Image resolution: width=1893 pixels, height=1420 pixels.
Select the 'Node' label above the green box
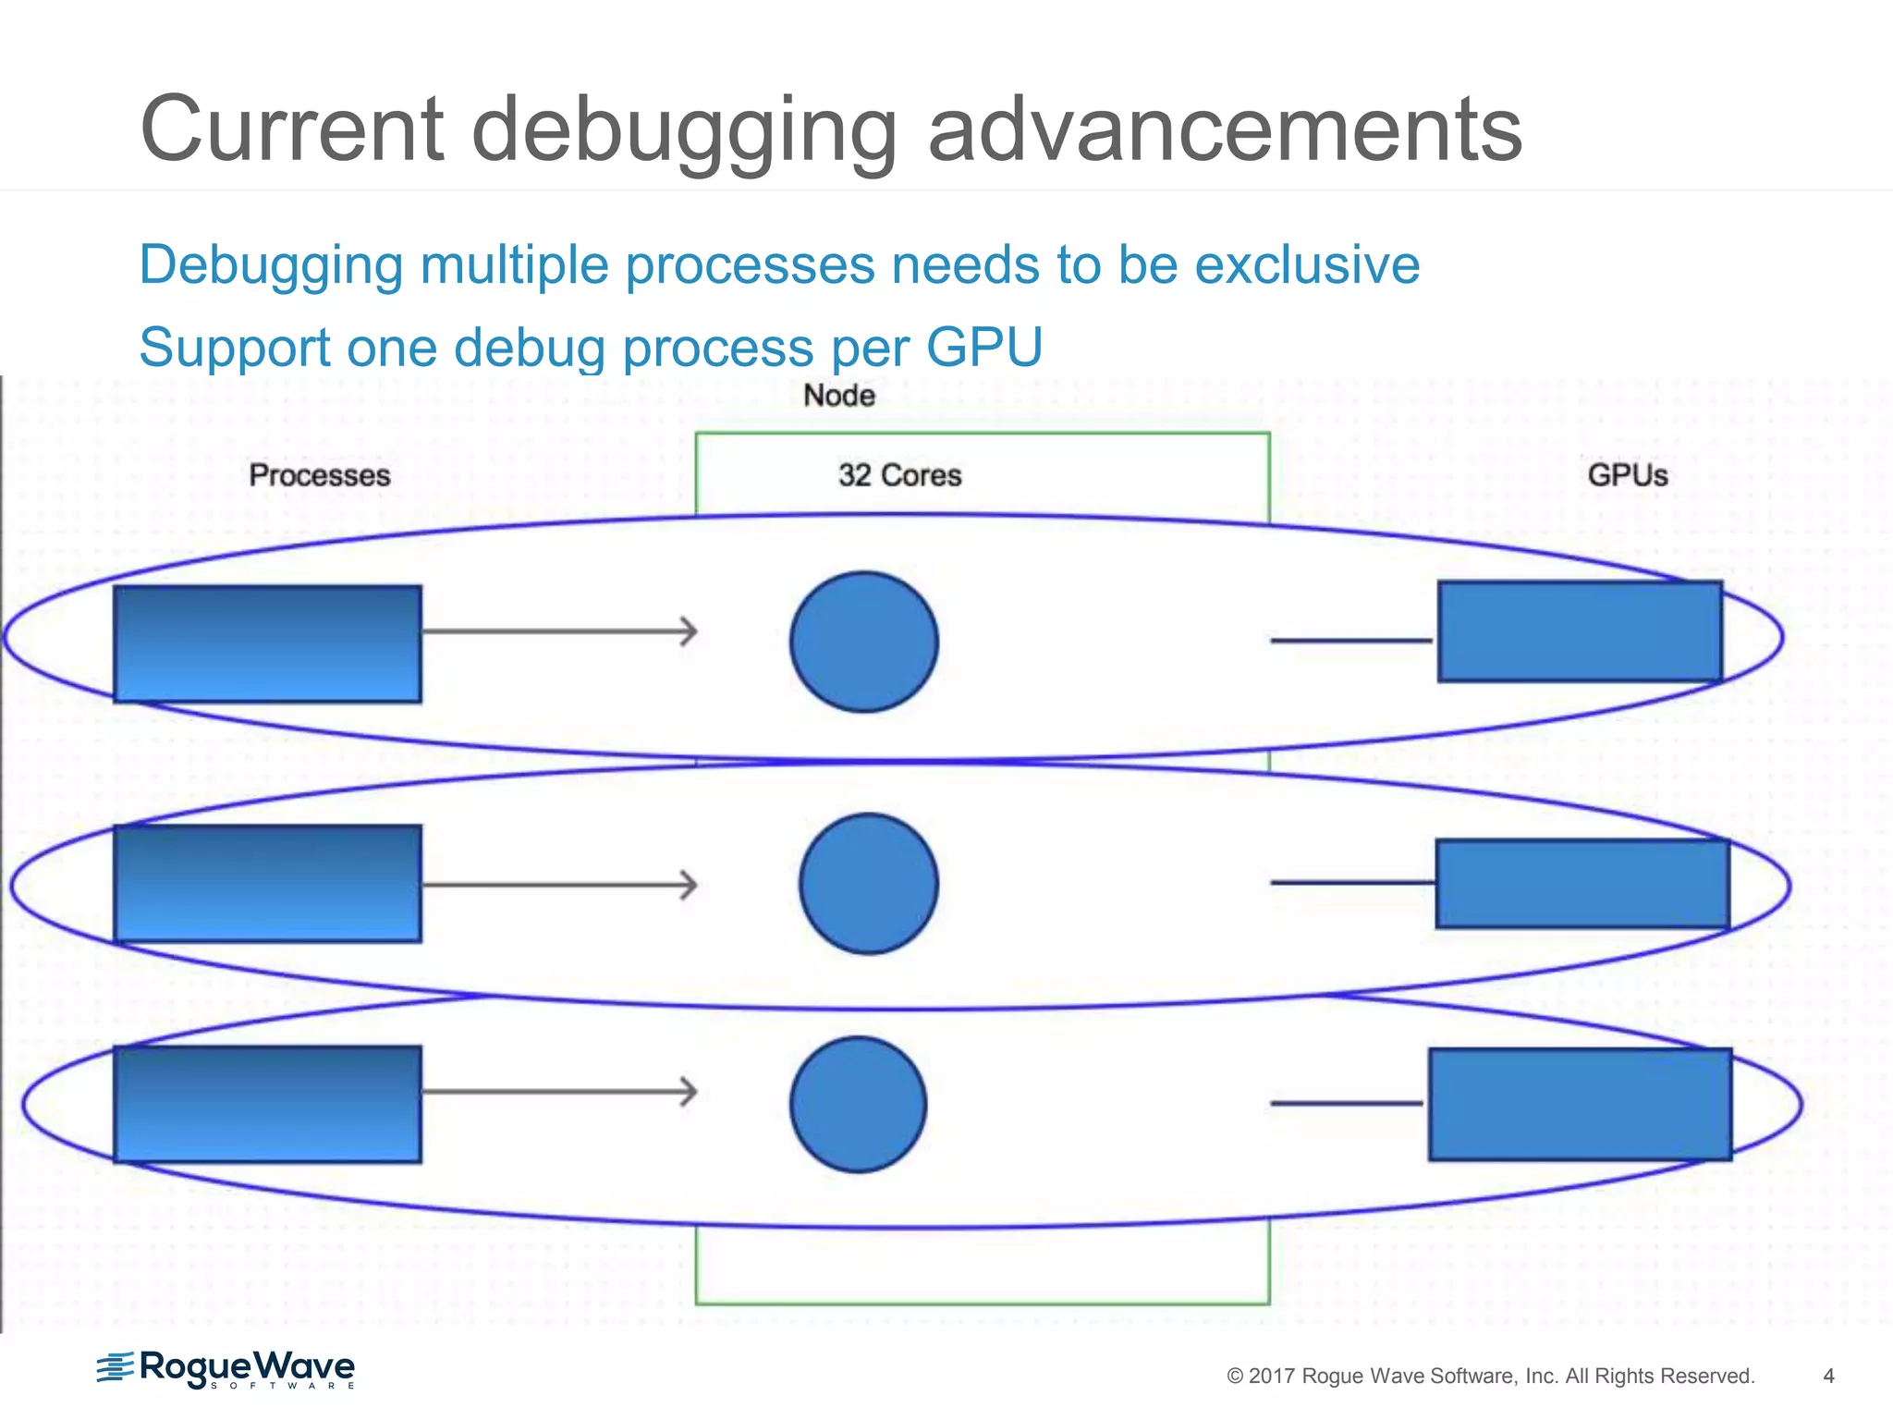(x=838, y=396)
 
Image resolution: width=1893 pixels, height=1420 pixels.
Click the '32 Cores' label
(x=899, y=475)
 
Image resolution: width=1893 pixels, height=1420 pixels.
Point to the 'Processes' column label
(x=320, y=475)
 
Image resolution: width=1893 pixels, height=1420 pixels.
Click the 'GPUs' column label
(x=1627, y=475)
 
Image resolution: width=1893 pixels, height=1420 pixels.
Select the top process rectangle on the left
(x=268, y=643)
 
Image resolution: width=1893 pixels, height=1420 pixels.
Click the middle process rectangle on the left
(x=268, y=884)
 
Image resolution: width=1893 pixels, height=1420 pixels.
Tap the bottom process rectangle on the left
(x=268, y=1104)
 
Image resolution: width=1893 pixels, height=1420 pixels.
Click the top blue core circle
(x=864, y=642)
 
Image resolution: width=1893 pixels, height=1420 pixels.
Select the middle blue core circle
(x=869, y=884)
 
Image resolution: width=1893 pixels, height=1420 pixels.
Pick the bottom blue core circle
(x=859, y=1105)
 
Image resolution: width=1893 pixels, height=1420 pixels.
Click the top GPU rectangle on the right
(x=1580, y=631)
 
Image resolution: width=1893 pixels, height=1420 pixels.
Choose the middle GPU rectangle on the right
(x=1582, y=884)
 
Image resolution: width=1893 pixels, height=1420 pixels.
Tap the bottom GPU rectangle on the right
(x=1580, y=1104)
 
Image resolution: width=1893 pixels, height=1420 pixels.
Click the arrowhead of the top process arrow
(x=690, y=631)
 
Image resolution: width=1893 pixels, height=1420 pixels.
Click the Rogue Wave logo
(x=226, y=1369)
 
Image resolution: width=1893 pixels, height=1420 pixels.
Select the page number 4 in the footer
(x=1827, y=1376)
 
